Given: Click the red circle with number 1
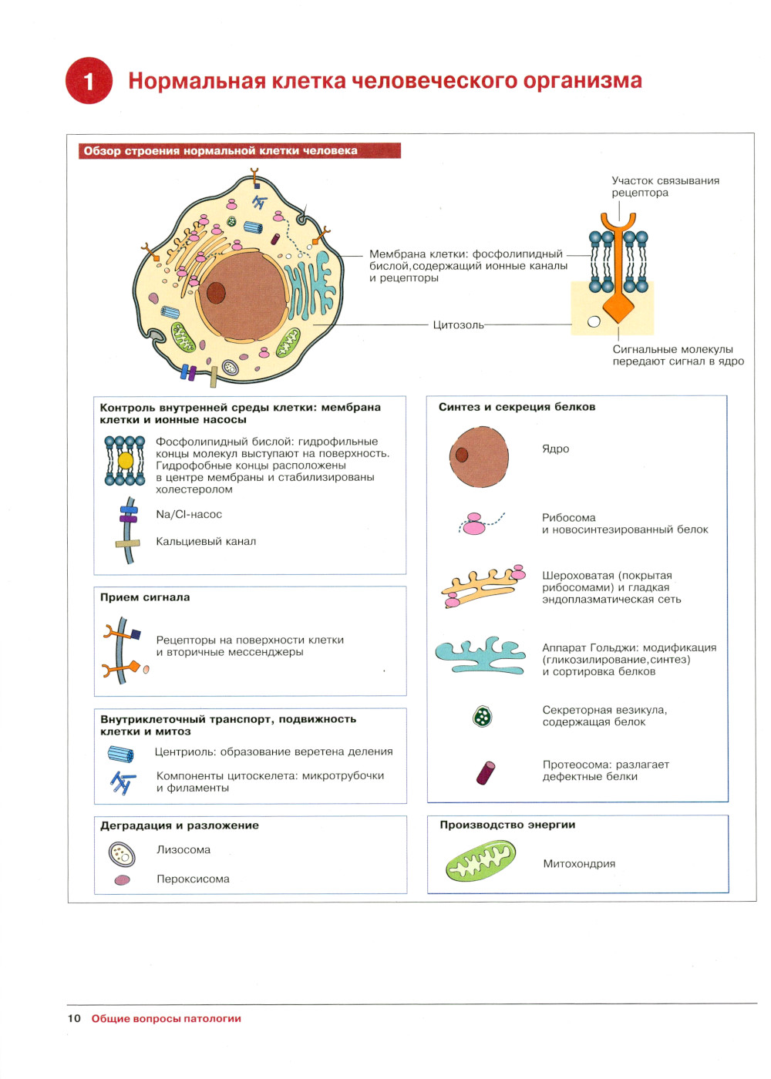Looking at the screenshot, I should coord(89,80).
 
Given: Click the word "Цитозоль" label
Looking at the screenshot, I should coord(458,325).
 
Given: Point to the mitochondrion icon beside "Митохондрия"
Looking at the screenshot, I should coord(480,861).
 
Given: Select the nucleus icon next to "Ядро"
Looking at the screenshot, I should coord(479,457).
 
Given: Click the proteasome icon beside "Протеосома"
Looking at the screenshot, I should coord(485,772).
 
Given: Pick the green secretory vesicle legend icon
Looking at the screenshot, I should coord(483,717).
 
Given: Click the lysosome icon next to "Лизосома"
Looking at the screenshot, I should coord(122,854).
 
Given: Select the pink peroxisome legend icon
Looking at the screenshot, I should coord(122,880).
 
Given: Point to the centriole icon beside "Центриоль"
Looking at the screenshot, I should coord(120,754).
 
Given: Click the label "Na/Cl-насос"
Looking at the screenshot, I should coord(189,515).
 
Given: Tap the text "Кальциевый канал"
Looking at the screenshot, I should coord(206,542).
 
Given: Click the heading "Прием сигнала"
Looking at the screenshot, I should coord(145,597).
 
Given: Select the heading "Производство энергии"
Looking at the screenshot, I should coord(507,825).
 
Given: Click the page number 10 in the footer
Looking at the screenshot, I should coord(74,1018).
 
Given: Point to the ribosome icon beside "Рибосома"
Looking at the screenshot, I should coord(476,524).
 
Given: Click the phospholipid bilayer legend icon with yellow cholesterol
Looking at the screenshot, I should coord(125,461).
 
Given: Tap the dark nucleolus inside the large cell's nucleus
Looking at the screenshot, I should coord(216,293).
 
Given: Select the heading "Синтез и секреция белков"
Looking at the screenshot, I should coord(517,407).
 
